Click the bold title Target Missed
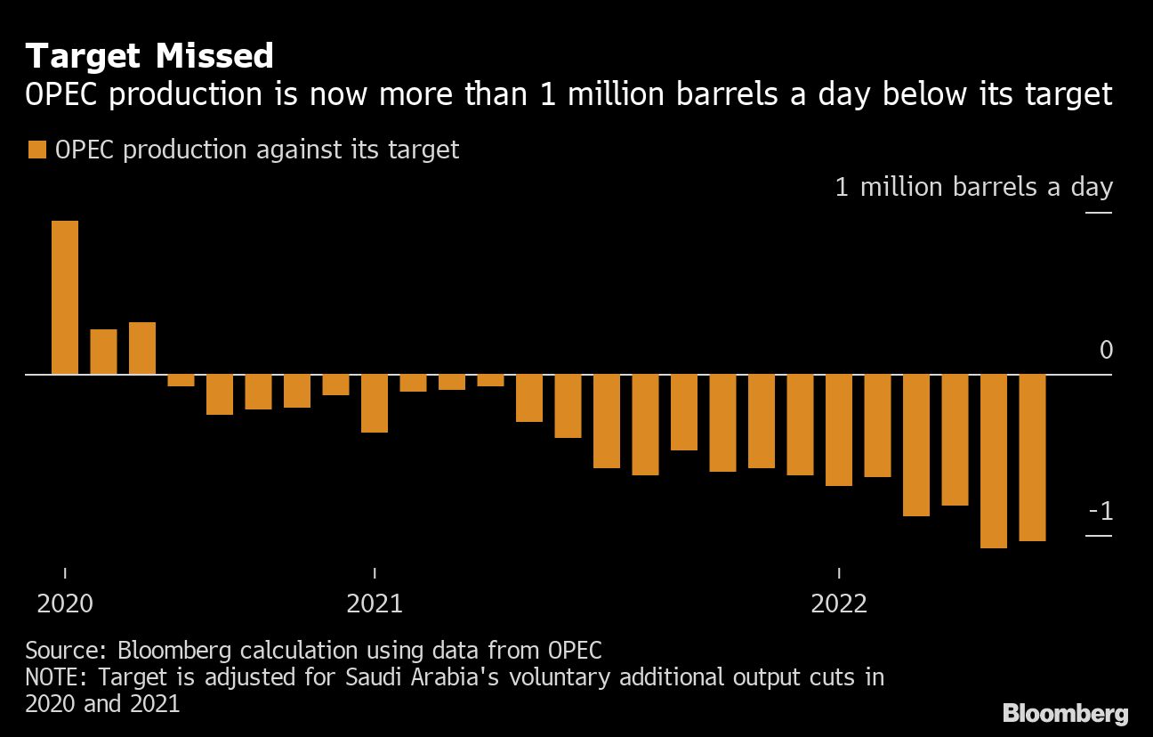(149, 56)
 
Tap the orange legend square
(36, 150)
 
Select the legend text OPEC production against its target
(257, 150)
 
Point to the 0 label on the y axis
(1106, 351)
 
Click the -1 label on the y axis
(1101, 512)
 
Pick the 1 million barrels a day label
(973, 187)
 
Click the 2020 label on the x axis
(65, 603)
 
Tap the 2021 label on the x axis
(375, 603)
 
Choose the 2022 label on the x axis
(839, 603)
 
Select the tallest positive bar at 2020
(65, 297)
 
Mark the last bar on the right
(1032, 458)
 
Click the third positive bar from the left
(142, 348)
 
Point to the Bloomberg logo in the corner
(1065, 713)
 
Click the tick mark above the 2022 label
(839, 571)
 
